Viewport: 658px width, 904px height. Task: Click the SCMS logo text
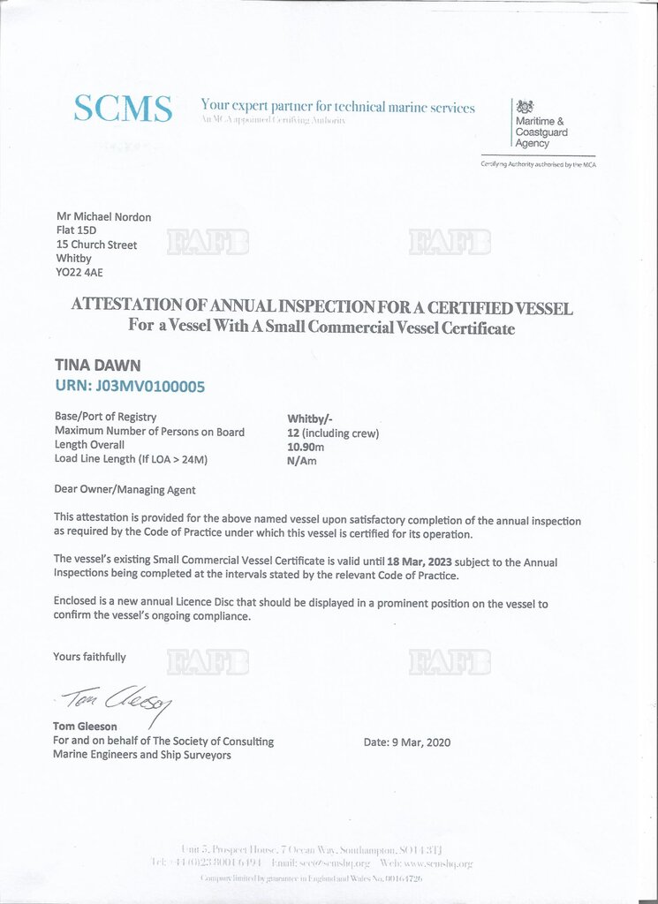(123, 109)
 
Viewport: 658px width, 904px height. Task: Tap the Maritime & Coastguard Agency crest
(525, 106)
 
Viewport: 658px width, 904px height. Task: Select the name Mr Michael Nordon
(103, 217)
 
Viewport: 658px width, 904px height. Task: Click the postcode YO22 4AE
(79, 273)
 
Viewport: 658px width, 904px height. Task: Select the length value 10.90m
(307, 447)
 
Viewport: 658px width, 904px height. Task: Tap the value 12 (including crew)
(332, 433)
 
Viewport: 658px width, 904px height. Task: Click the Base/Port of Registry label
(105, 417)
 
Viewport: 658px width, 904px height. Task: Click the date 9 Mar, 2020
(407, 742)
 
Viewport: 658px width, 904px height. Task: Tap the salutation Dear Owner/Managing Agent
(125, 490)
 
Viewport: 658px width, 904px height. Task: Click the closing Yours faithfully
(89, 657)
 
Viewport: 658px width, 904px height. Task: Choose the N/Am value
(302, 461)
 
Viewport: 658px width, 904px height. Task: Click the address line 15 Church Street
(96, 245)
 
